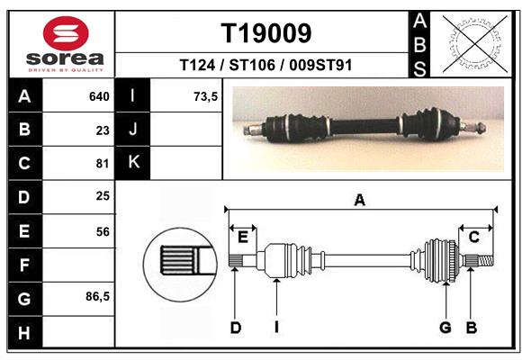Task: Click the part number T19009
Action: coord(266,34)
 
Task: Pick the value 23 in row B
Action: coord(102,130)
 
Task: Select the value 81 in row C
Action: coord(102,164)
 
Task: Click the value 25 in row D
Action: coord(102,196)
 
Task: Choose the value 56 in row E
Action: coord(102,231)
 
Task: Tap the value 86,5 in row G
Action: coord(98,296)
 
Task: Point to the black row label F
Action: coord(23,265)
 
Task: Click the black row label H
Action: coord(23,332)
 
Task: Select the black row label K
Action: coord(133,163)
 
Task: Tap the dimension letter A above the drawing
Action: coord(359,201)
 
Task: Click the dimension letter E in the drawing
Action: coord(243,237)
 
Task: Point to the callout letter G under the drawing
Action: coord(445,328)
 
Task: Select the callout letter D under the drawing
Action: coord(235,328)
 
